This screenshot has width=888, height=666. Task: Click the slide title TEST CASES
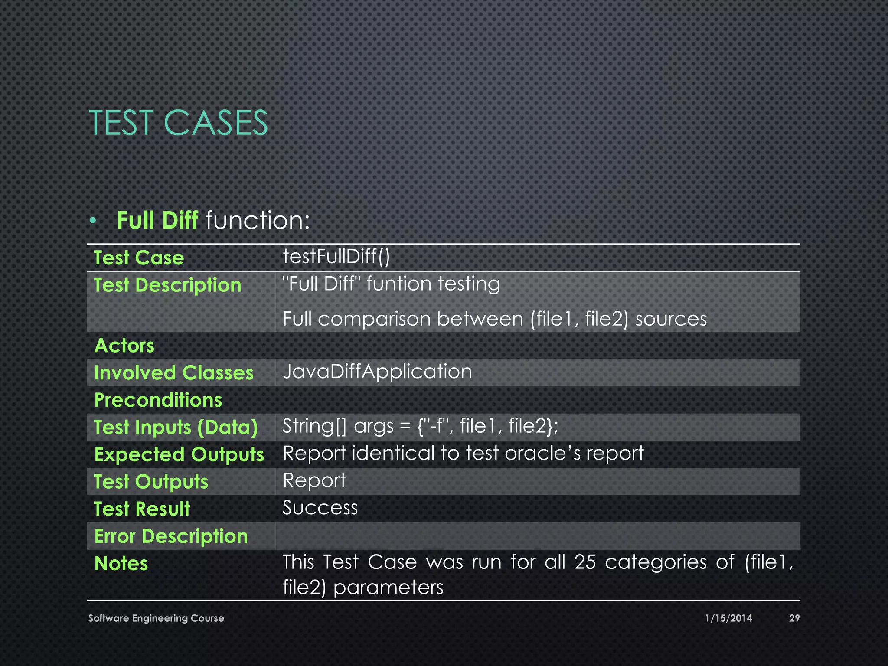tap(178, 123)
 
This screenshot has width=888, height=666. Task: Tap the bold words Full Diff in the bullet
tap(157, 220)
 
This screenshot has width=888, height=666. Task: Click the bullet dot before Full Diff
tap(92, 221)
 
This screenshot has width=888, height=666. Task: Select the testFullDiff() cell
tap(336, 256)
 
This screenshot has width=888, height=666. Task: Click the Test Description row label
tap(167, 285)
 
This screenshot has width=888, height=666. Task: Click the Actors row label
tap(124, 346)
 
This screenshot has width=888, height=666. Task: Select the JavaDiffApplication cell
tap(377, 372)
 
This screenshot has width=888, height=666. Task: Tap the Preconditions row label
tap(158, 400)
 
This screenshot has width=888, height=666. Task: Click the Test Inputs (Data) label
tap(176, 427)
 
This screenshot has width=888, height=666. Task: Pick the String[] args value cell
tap(420, 426)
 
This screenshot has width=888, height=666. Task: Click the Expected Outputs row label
tap(179, 454)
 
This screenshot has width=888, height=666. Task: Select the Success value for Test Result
tap(320, 508)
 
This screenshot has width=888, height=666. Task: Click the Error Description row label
tap(171, 536)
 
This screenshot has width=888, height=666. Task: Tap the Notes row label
tap(121, 563)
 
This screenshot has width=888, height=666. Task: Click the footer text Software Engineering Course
tap(156, 618)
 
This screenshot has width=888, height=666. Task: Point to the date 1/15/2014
tap(728, 618)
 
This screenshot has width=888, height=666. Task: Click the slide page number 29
tap(794, 618)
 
